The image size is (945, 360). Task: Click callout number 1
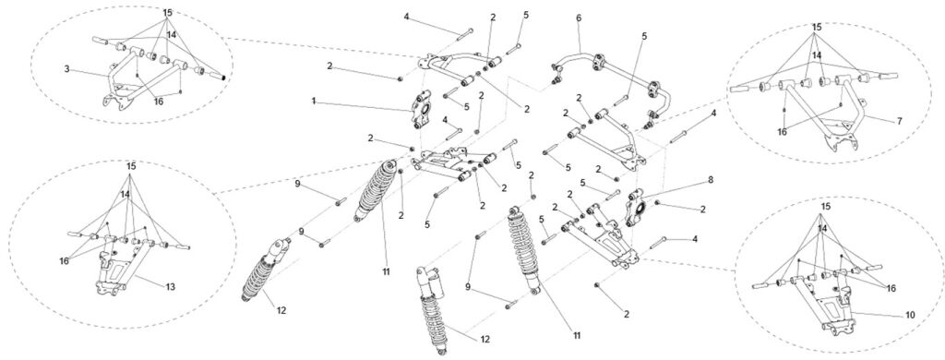point(314,101)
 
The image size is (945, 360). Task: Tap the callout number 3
point(66,69)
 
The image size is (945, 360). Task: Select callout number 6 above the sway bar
point(579,18)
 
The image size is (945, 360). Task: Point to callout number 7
point(899,121)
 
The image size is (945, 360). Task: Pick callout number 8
point(711,179)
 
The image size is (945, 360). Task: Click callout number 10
point(910,315)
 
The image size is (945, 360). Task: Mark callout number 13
point(171,287)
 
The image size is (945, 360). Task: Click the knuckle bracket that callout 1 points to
point(422,109)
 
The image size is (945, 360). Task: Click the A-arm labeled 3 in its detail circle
point(145,78)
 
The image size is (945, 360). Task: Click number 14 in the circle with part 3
point(171,35)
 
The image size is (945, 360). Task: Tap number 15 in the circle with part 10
point(826,206)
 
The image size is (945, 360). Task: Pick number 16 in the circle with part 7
point(784,132)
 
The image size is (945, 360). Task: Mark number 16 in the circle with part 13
point(65,260)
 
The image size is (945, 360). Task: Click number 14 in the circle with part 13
point(125,194)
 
